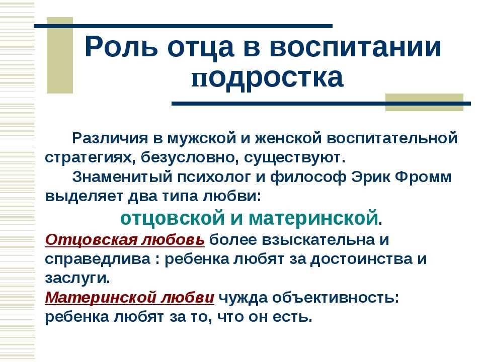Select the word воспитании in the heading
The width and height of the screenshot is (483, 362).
[356, 47]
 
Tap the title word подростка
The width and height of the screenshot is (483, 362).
[267, 77]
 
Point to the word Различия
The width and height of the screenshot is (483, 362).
[110, 138]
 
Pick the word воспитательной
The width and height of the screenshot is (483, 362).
[392, 138]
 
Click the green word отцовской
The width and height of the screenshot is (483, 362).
[173, 218]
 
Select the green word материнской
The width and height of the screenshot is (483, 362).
[313, 218]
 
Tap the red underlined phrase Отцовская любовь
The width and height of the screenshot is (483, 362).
[125, 239]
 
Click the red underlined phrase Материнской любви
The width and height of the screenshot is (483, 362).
[129, 297]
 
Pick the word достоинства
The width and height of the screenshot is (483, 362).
[361, 259]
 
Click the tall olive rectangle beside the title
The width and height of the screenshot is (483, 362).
[60, 55]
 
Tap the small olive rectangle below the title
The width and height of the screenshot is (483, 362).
[425, 102]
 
